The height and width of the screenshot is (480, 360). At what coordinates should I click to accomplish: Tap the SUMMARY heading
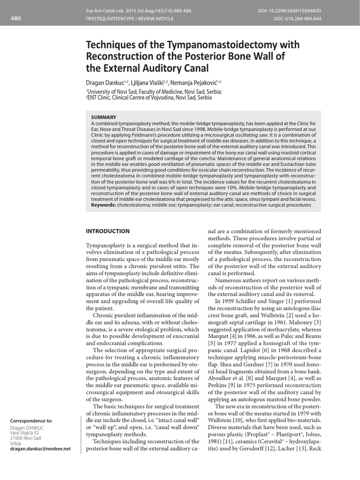click(x=104, y=117)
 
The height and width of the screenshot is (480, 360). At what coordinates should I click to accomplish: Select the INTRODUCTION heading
click(x=107, y=231)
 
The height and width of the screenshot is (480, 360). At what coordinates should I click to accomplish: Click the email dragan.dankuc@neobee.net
click(x=40, y=449)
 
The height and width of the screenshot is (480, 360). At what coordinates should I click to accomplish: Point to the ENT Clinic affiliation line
click(x=149, y=98)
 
